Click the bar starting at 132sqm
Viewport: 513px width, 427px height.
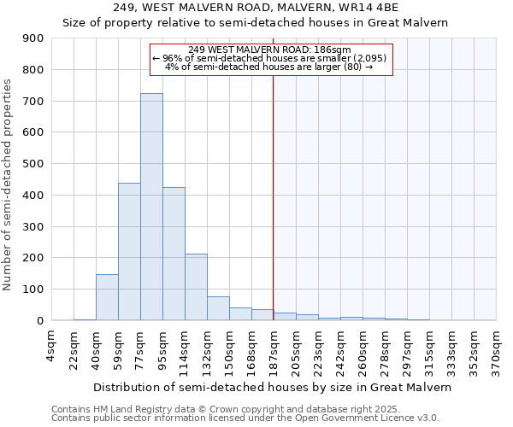(218, 308)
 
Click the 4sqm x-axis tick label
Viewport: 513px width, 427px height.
(51, 345)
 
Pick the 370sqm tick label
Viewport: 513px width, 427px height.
(496, 350)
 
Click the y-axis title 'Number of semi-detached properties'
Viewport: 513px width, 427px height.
(9, 184)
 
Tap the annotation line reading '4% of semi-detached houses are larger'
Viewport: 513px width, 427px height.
(269, 67)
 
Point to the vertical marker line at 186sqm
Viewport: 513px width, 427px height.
(274, 196)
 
